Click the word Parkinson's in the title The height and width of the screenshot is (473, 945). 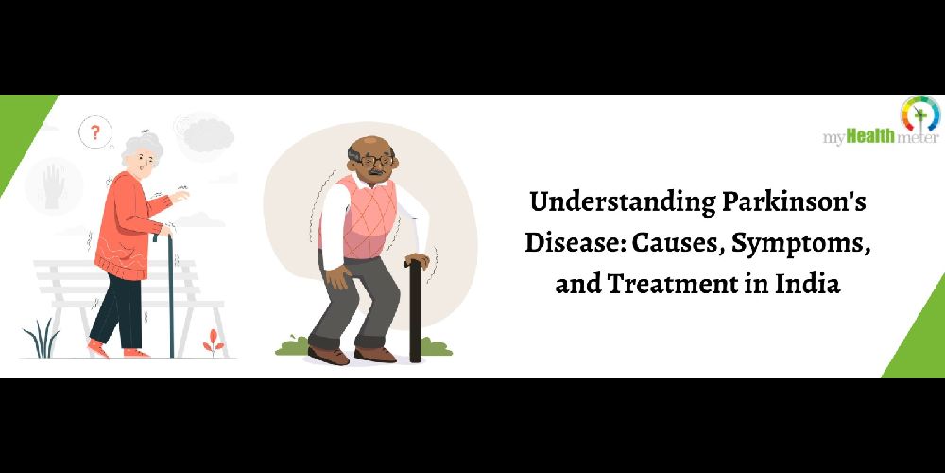(x=794, y=203)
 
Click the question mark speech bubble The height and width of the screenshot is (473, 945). (x=95, y=132)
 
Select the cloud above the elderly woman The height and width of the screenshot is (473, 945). (x=208, y=135)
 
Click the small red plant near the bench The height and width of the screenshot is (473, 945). (x=214, y=342)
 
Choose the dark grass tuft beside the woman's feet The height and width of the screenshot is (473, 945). (x=42, y=339)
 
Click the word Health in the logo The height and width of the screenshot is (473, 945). (x=871, y=137)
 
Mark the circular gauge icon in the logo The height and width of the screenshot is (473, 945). (x=920, y=114)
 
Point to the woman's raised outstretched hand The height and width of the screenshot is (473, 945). (x=180, y=196)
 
